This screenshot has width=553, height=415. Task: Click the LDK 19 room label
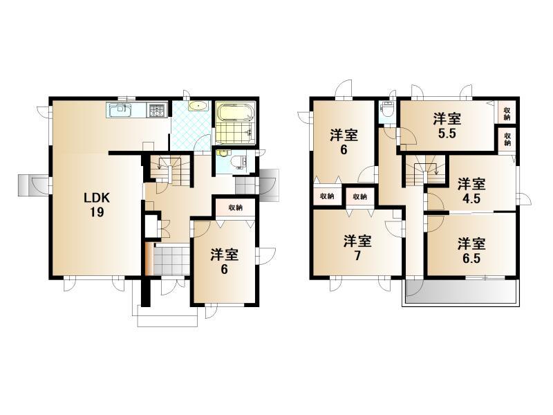click(97, 205)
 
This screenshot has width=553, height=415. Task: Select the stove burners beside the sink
click(158, 111)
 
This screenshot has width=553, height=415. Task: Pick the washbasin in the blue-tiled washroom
click(199, 106)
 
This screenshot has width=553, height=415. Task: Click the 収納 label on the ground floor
click(235, 207)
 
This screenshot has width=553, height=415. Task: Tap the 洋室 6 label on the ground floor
click(224, 261)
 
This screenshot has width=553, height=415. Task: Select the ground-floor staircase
click(168, 169)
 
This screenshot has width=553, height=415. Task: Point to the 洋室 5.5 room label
click(447, 126)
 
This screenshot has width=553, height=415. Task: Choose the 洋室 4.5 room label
click(471, 191)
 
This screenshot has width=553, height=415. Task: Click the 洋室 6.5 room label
click(471, 250)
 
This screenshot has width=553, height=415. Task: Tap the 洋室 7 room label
click(357, 248)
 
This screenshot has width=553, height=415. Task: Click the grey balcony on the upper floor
click(460, 291)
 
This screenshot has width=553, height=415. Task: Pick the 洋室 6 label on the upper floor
click(344, 142)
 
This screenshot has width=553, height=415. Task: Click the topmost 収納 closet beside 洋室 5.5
click(507, 113)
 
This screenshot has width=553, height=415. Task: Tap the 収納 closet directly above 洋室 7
click(359, 197)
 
